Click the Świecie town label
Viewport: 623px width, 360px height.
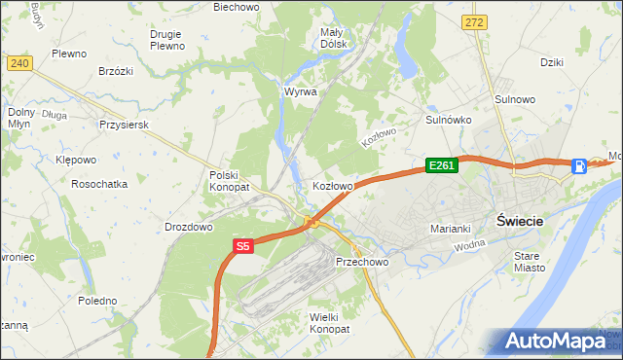(x=519, y=220)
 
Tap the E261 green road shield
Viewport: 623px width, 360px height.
(x=441, y=166)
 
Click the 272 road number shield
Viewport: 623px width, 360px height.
(x=474, y=21)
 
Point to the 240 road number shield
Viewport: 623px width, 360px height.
(x=19, y=62)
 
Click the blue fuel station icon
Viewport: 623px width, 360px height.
(x=580, y=165)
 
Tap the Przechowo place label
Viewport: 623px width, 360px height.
(x=362, y=262)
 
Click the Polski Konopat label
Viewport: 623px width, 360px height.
(x=230, y=180)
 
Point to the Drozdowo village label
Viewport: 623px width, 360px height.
(x=189, y=227)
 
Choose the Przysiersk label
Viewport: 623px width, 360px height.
(x=123, y=125)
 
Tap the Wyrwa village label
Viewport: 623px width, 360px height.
(x=301, y=91)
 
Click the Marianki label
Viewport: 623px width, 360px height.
(x=451, y=229)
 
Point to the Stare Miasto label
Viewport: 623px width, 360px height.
(x=531, y=261)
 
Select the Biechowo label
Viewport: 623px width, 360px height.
(x=237, y=7)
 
